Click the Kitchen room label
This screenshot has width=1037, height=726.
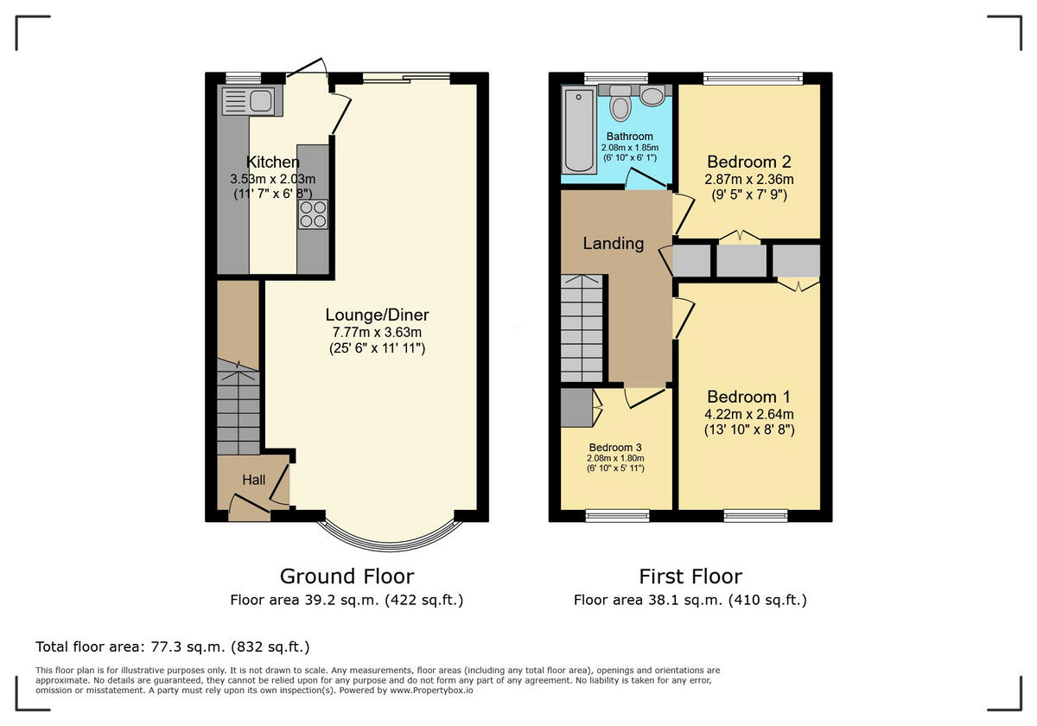[x=273, y=162]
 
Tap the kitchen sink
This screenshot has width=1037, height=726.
[x=248, y=102]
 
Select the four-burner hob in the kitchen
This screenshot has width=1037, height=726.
[x=313, y=213]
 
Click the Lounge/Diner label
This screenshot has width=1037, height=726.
[x=377, y=315]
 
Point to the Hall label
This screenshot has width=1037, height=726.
[x=253, y=480]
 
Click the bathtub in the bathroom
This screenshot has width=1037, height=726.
[x=575, y=130]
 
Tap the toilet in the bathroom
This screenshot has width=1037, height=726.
[x=620, y=106]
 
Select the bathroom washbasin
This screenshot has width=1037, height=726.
[x=652, y=95]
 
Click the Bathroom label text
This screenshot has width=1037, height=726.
[x=629, y=137]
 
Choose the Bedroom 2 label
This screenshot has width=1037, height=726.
[x=749, y=162]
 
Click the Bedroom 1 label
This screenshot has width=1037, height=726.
[x=748, y=397]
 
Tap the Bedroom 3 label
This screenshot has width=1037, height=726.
[x=615, y=447]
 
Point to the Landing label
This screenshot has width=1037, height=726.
[x=613, y=244]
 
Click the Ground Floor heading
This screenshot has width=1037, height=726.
[x=347, y=576]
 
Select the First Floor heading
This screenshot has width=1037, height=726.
[x=690, y=576]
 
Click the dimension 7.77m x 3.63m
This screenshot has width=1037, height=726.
[x=377, y=332]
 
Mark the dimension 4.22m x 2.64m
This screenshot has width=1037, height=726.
[x=748, y=414]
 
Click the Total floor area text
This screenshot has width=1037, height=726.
[x=172, y=646]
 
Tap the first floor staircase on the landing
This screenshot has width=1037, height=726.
[x=582, y=328]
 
